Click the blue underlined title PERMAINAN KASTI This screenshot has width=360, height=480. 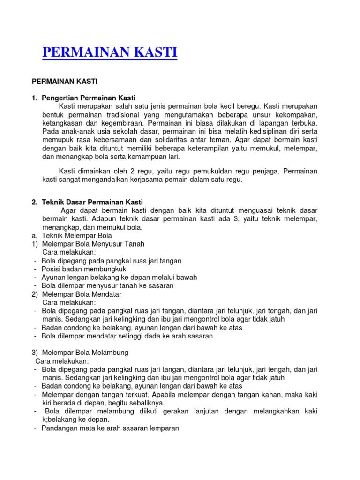point(110,52)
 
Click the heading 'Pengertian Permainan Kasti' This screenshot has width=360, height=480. point(88,98)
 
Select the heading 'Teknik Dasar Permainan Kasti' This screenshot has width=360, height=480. point(92,202)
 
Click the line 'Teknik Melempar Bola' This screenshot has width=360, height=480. point(77,235)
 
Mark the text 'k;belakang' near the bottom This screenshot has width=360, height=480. point(59,420)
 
